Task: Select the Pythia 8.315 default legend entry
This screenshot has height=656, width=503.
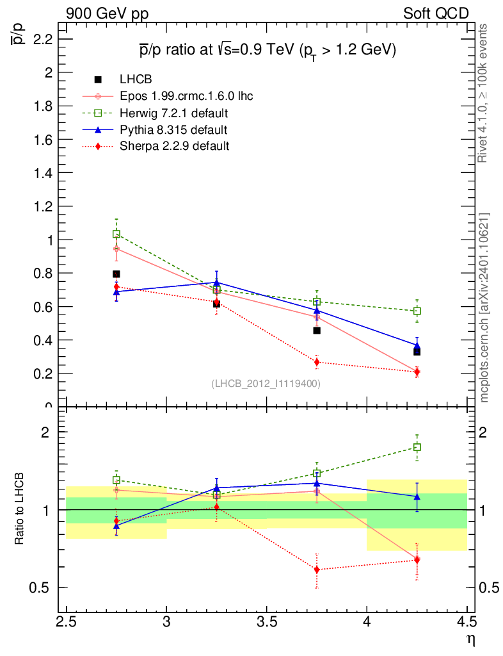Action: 173,130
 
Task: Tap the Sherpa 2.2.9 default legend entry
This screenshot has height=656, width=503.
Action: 174,146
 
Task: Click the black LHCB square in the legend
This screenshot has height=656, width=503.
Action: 98,79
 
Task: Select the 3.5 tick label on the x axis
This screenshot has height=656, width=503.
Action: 266,622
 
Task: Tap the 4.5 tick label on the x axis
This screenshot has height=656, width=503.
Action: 467,622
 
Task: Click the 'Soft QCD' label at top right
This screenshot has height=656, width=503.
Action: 436,13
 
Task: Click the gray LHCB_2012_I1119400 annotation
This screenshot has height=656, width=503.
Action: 266,384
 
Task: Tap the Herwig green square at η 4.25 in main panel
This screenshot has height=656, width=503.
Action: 417,311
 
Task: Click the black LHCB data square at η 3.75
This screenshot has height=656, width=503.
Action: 316,331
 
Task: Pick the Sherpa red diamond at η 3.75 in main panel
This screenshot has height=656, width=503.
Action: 316,363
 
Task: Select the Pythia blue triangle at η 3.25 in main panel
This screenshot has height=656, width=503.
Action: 216,283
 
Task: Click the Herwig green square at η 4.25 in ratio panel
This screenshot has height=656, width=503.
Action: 417,447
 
